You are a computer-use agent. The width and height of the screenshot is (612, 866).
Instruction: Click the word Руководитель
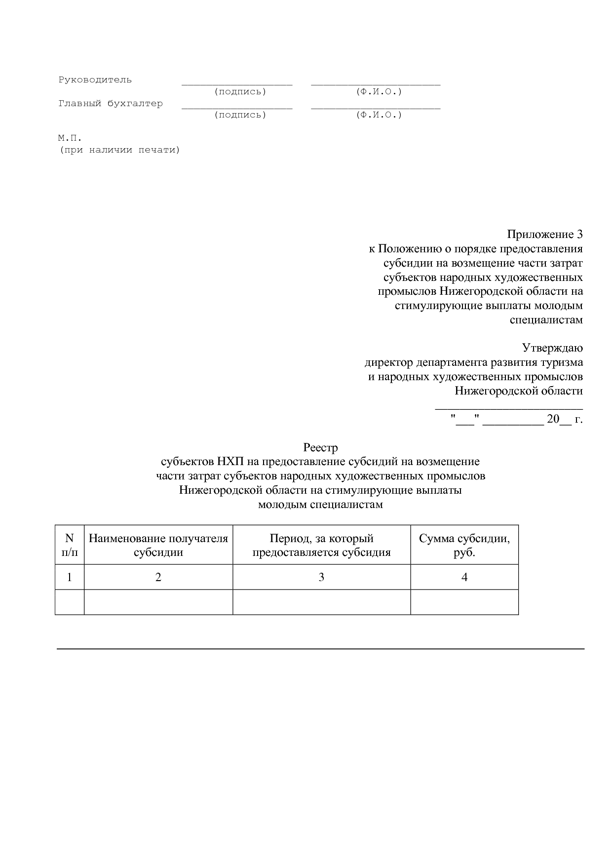point(95,80)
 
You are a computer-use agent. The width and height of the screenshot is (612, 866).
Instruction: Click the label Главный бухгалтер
point(111,104)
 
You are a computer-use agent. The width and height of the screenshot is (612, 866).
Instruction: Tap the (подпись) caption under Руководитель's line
point(240,92)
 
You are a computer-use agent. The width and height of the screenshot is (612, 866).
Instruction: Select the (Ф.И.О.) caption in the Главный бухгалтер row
point(379,115)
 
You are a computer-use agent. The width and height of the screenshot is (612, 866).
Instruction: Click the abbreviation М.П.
point(70,138)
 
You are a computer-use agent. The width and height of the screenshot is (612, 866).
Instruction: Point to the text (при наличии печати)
point(119,150)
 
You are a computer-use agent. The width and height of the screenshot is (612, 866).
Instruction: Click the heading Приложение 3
point(545,234)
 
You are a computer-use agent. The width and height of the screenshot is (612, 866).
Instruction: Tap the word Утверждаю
point(553,348)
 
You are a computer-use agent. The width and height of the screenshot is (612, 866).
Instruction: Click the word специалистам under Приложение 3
point(546,320)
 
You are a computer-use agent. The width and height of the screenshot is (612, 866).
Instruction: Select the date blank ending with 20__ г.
point(517,420)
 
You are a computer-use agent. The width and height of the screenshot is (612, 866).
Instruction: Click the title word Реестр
point(320,448)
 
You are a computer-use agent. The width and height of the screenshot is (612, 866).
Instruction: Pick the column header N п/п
point(70,545)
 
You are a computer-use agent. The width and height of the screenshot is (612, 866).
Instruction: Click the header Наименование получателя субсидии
point(158,545)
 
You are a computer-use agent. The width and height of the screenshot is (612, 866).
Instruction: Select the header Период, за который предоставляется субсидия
point(321,545)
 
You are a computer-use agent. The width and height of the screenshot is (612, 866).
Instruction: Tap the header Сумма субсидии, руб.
point(464,545)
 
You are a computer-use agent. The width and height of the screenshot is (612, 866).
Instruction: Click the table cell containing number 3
point(321,577)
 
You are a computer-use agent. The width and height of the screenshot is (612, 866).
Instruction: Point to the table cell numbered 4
point(464,577)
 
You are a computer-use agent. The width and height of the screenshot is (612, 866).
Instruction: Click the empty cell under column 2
point(158,602)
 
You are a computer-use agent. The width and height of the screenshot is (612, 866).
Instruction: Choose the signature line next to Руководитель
point(237,84)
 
